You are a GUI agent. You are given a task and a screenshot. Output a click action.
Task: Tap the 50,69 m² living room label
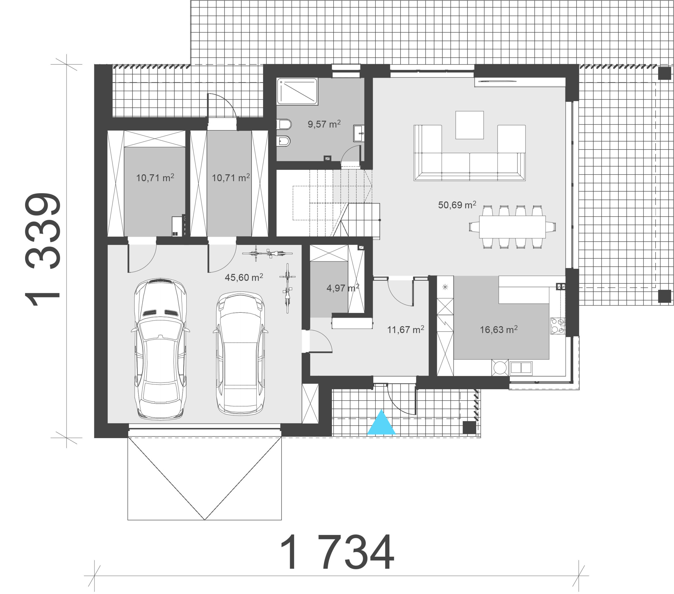click(x=457, y=205)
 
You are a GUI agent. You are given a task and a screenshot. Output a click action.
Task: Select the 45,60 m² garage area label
click(x=244, y=277)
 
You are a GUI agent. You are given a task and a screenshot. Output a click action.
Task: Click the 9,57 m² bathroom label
click(x=324, y=124)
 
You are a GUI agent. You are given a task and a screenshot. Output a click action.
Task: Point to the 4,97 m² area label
click(x=343, y=288)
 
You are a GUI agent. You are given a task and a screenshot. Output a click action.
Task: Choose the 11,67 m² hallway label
click(x=406, y=329)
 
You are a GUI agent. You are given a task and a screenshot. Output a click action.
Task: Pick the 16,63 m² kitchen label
click(x=499, y=329)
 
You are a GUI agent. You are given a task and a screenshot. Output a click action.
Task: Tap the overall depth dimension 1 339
click(x=43, y=249)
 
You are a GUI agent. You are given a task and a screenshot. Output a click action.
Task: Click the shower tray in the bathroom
click(x=297, y=91)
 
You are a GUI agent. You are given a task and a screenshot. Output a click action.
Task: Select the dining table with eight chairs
click(x=512, y=227)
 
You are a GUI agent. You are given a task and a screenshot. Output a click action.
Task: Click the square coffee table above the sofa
click(x=469, y=125)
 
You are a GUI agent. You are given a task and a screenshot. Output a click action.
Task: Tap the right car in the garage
click(x=240, y=353)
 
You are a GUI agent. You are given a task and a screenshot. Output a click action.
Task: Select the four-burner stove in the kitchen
click(x=558, y=326)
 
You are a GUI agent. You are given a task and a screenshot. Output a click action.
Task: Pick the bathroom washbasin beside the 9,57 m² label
click(x=359, y=133)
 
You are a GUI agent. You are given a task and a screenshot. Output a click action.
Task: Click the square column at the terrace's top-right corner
click(x=665, y=73)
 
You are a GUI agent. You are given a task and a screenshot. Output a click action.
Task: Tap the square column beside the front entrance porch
click(x=469, y=427)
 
